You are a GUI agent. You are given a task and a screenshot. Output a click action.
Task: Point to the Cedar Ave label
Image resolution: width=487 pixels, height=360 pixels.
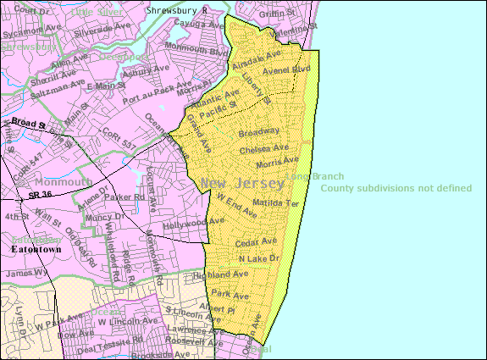click(x=257, y=241)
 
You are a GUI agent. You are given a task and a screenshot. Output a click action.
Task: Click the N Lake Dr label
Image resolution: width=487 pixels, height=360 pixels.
click(x=258, y=258)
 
